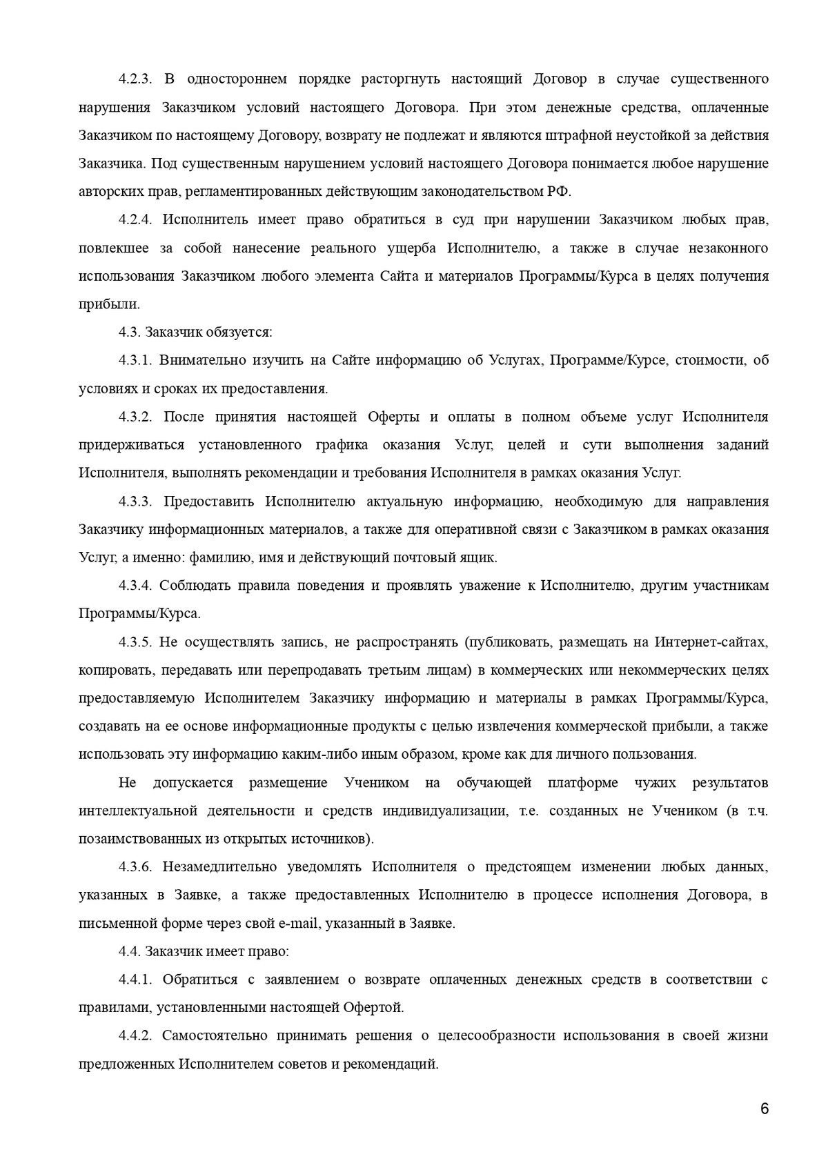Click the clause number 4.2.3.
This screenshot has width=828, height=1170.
[x=135, y=79]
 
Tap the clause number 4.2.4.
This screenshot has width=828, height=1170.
[x=135, y=219]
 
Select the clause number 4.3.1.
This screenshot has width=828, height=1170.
[x=135, y=360]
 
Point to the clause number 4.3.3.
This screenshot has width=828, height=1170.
[x=135, y=501]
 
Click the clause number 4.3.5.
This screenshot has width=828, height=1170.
[x=135, y=642]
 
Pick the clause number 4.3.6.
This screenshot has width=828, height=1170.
[x=135, y=866]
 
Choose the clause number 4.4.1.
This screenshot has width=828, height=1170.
[x=135, y=980]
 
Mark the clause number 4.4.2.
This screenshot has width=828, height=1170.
[x=135, y=1035]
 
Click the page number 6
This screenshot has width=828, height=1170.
[x=764, y=1109]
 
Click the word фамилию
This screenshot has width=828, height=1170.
[x=227, y=557]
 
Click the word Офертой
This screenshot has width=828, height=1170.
[x=373, y=1007]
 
